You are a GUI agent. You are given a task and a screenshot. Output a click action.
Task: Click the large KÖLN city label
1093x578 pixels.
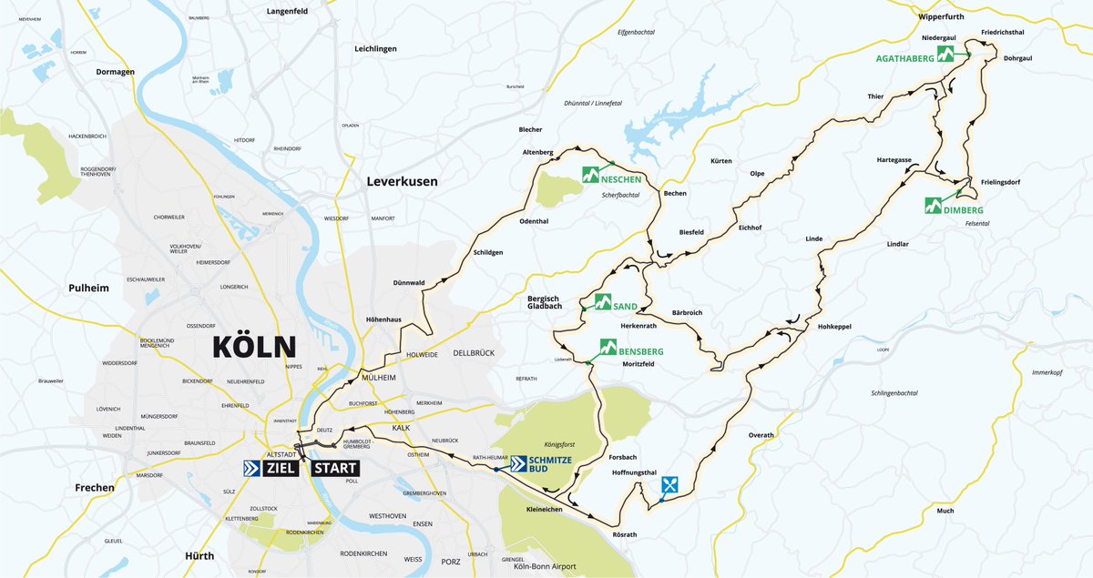coord(254,348)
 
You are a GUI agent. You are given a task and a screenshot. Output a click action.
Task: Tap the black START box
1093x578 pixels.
coord(335,468)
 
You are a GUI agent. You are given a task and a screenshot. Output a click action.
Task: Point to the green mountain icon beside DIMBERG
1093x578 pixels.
coord(934,205)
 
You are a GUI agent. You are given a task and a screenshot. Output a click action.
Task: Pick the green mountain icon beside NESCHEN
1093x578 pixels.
coord(591,174)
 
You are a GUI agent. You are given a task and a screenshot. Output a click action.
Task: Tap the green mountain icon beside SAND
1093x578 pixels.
coord(603,301)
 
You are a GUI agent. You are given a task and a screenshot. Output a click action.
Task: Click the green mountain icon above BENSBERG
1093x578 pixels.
coord(608,346)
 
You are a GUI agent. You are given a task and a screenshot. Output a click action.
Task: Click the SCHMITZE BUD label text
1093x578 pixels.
coord(552,466)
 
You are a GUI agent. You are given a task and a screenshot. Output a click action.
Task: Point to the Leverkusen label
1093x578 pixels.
coord(402,181)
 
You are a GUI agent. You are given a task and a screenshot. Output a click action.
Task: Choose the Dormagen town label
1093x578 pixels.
coord(116,71)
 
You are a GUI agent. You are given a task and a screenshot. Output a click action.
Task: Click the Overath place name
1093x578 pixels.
coord(761,435)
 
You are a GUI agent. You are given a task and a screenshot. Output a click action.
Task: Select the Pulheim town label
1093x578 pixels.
coord(88,288)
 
